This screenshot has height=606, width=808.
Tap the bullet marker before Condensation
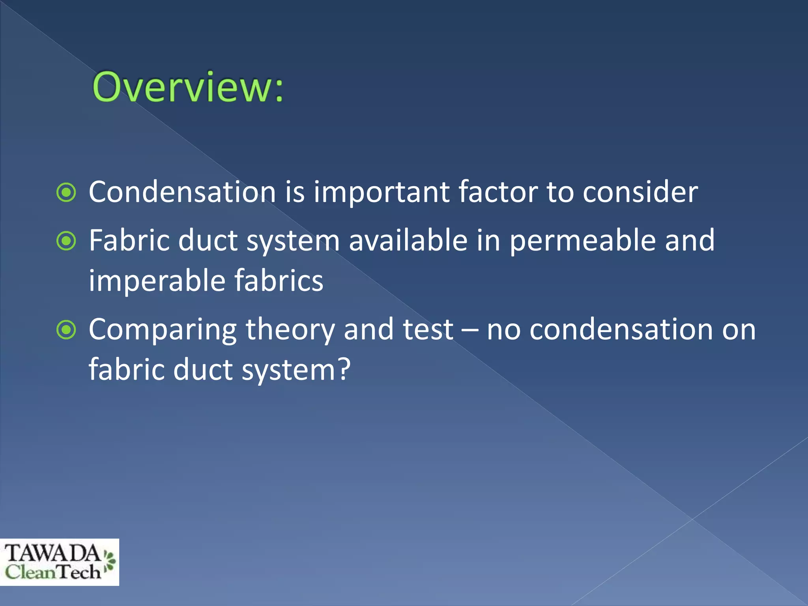(66, 193)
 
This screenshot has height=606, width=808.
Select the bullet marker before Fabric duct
(66, 241)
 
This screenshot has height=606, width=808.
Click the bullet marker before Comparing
(66, 330)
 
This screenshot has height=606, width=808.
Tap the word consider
(640, 192)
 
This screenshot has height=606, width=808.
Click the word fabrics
(279, 281)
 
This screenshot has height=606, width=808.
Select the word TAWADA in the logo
(52, 553)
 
